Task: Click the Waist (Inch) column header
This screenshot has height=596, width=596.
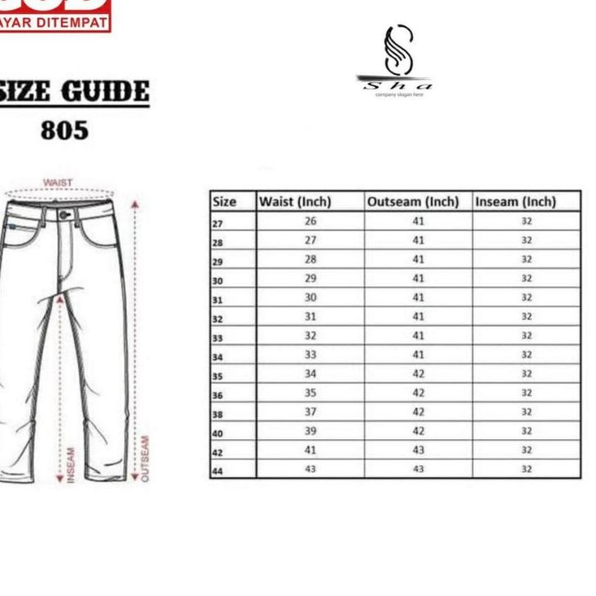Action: coord(295,202)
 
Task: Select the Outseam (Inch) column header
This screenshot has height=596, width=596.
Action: coord(413,202)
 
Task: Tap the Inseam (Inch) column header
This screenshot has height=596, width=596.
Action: coord(516,202)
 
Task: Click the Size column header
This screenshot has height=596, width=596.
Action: coord(224,202)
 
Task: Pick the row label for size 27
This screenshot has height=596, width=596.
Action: coord(218,223)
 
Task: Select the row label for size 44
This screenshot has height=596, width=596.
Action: coord(218,470)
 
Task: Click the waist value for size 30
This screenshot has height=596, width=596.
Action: coord(310,278)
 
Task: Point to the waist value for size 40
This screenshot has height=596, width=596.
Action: coord(310,431)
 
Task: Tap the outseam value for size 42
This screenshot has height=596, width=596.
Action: coord(419,451)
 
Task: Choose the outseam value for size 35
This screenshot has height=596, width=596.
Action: coord(419,374)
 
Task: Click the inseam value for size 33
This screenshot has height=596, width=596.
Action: coord(526,336)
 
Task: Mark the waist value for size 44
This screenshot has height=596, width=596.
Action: coord(310,470)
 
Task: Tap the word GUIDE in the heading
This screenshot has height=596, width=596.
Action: coord(106,92)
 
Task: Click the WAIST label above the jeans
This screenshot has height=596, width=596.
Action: coord(57,182)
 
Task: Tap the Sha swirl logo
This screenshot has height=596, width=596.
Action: coord(397,53)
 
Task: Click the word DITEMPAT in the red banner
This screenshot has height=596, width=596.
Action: coord(74,23)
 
